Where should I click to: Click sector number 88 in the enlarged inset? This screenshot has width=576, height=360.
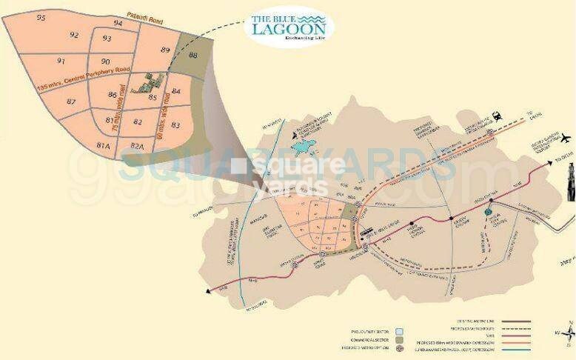[193, 56]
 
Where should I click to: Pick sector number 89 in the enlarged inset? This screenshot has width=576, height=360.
[165, 49]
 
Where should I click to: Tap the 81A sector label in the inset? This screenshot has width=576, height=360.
[102, 144]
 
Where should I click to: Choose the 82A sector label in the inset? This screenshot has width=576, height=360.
[137, 146]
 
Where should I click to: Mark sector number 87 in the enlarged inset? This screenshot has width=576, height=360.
[71, 101]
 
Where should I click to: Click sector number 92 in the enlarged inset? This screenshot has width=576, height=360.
[74, 35]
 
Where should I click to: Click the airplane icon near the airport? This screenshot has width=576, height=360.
[566, 138]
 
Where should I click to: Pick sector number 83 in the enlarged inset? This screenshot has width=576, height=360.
[175, 125]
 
